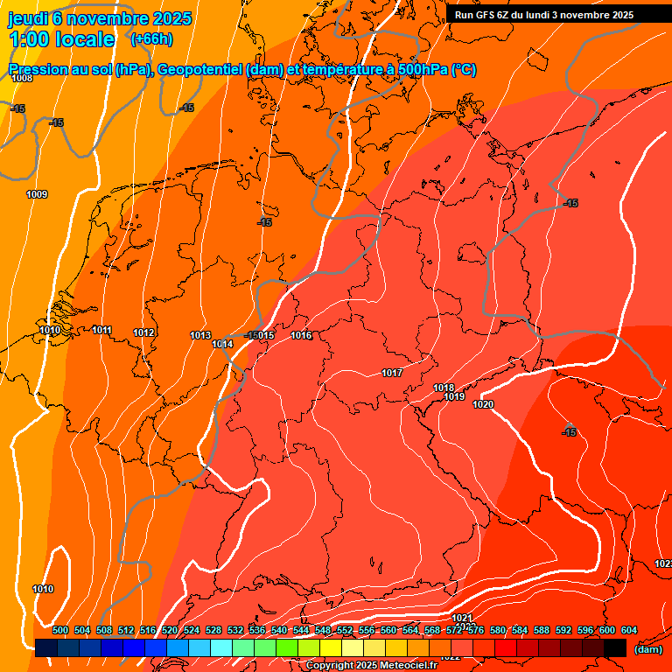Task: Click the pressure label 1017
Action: tap(392, 374)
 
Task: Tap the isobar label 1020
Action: tap(483, 404)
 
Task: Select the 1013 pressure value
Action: tap(200, 335)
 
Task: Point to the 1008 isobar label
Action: tap(22, 79)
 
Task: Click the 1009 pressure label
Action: tap(37, 194)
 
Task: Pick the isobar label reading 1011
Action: tap(102, 330)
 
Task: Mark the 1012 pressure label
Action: tap(144, 332)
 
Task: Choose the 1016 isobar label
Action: tap(302, 336)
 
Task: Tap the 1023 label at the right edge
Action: tap(662, 563)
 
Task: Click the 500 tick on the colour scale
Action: tap(60, 631)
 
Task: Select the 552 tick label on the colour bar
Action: tap(344, 631)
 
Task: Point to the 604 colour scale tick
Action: tap(628, 631)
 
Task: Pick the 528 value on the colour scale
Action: tap(213, 631)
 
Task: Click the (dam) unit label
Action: tap(647, 649)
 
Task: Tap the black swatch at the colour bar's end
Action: tap(615, 647)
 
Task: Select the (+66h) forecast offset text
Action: tap(150, 40)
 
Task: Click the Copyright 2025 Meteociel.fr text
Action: tap(370, 666)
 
